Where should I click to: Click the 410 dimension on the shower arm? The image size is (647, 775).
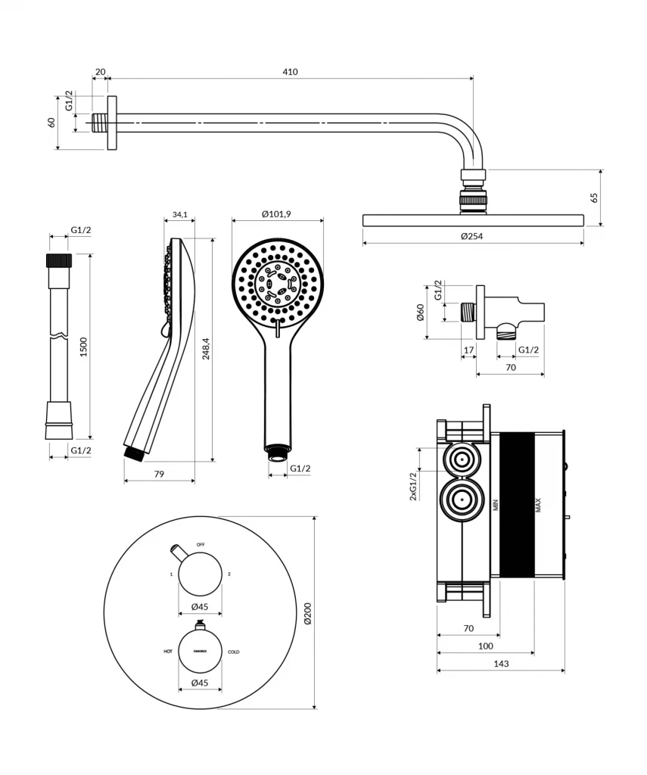pos(291,72)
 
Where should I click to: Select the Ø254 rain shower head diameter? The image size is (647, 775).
pos(472,236)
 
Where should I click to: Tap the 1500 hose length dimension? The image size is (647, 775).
pos(84,346)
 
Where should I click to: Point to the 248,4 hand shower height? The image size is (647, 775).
pos(206,348)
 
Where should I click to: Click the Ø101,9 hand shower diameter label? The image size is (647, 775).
pos(277,215)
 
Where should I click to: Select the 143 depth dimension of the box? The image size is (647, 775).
pos(500,664)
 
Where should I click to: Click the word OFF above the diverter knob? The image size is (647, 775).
pos(201,544)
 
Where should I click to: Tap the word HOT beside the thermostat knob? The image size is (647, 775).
pos(168,651)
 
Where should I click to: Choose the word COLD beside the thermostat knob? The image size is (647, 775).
pos(234,651)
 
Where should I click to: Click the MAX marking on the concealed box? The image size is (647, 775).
pos(538,506)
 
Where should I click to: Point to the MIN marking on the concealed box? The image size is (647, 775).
pos(496,506)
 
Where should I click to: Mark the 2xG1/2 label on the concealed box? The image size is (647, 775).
pos(413,486)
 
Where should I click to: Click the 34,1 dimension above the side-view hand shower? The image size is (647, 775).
pos(179,215)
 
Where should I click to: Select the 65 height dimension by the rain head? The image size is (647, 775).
pos(594,198)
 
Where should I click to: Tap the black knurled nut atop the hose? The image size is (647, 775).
pos(59,261)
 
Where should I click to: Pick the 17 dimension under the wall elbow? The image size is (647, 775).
pos(469,350)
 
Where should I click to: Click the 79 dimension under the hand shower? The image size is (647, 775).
pos(159,474)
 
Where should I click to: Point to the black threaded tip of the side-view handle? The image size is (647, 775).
pos(134,454)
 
